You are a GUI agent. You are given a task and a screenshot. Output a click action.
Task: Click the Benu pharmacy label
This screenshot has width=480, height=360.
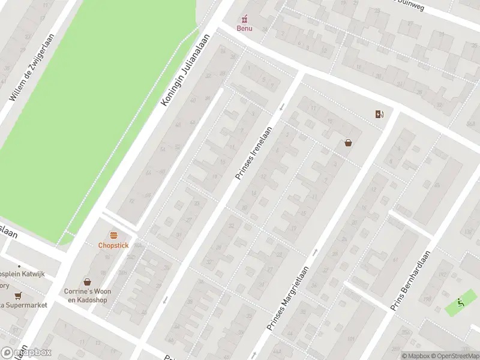(x=244, y=28)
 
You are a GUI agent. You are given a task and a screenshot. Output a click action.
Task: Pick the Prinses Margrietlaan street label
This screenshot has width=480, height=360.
(x=289, y=299)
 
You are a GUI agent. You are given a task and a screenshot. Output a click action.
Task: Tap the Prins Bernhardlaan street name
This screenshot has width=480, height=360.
(x=412, y=281)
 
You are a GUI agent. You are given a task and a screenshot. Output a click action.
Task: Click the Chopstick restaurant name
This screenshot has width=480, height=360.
(x=113, y=245)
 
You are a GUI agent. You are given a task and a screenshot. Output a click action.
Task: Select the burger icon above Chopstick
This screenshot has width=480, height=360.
(x=113, y=235)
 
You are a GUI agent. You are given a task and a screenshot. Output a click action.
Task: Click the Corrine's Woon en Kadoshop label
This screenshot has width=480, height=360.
(x=88, y=295)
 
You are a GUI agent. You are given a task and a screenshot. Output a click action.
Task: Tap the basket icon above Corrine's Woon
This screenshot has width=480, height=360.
(x=88, y=281)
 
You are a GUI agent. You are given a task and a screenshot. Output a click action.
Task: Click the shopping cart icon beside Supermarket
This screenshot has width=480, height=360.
(x=18, y=295)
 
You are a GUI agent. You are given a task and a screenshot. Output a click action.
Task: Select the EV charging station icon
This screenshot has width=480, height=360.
(x=379, y=115)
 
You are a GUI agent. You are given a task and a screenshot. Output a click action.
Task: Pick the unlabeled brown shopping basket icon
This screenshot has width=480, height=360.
(x=348, y=143)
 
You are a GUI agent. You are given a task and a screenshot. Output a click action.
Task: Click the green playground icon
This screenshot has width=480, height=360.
(x=460, y=302)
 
